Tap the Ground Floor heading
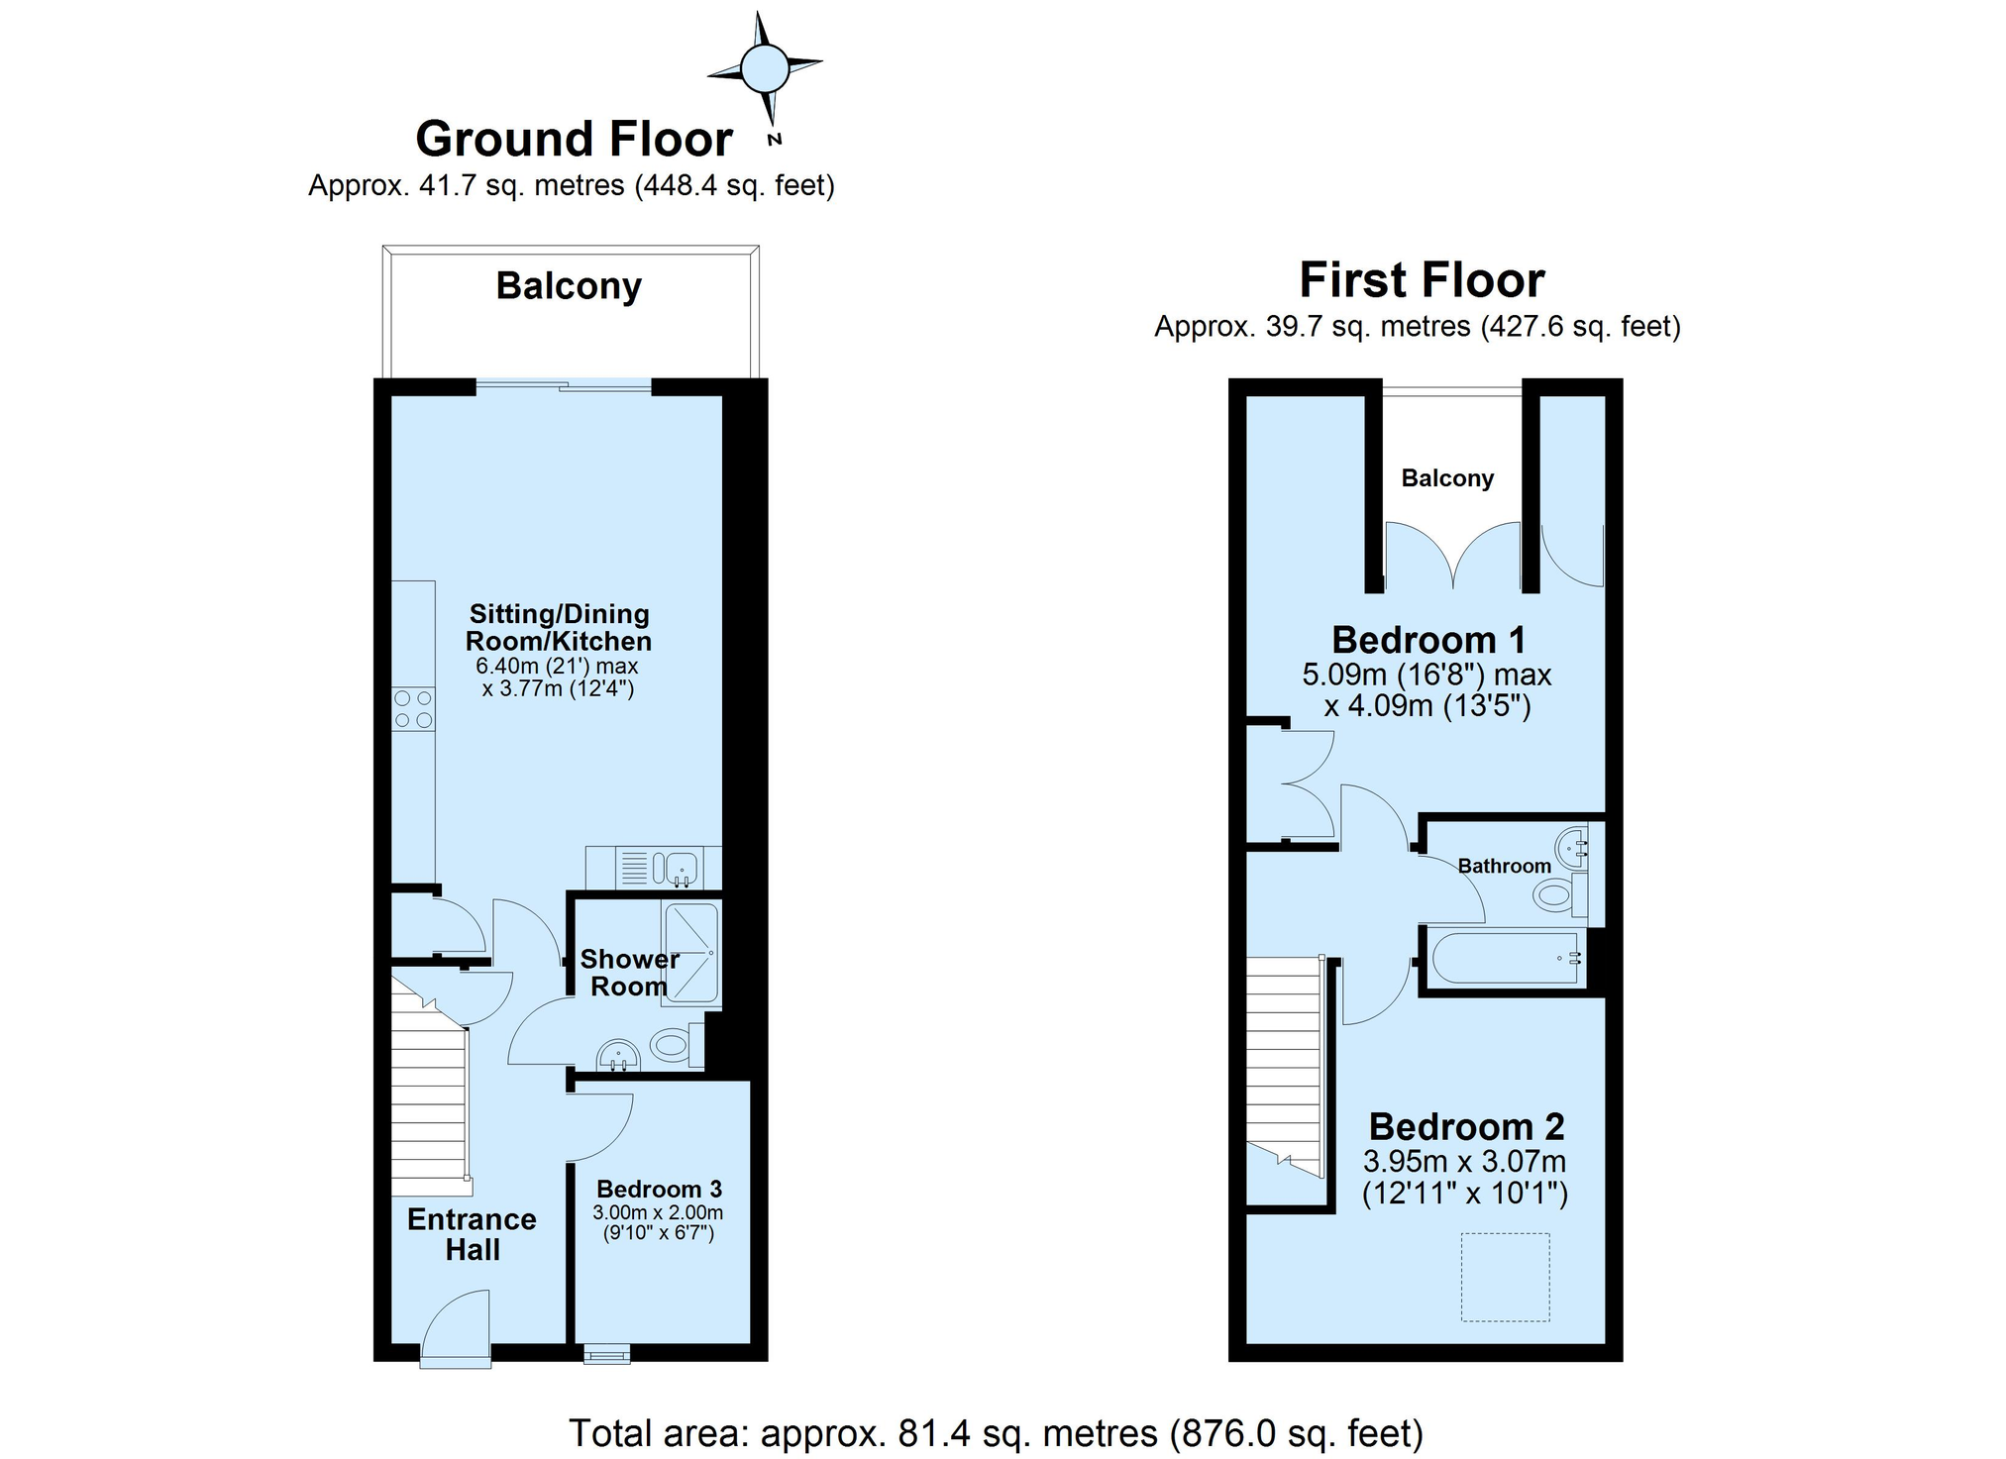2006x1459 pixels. coord(574,139)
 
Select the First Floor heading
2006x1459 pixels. coord(1422,280)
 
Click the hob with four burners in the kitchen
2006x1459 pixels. coord(414,709)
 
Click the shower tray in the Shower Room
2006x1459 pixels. coord(690,950)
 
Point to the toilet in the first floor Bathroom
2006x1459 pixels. coord(1559,894)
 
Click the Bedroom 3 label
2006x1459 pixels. coord(659,1189)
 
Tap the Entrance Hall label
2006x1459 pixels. coord(472,1234)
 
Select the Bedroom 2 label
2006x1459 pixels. coord(1466,1126)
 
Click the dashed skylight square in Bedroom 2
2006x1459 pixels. coord(1505,1277)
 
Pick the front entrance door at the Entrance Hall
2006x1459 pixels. coord(456,1330)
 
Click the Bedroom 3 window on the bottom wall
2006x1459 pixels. coord(606,1354)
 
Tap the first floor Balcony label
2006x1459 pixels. coord(1447,478)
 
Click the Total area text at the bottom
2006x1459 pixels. coord(996,1432)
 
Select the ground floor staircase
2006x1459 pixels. coord(430,1087)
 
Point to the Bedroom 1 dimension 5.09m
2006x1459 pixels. coord(1344,676)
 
